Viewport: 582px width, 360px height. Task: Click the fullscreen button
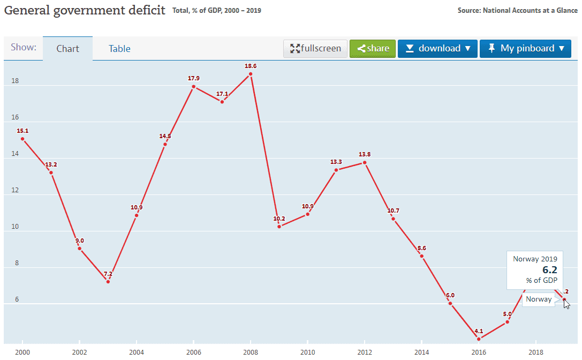[315, 48]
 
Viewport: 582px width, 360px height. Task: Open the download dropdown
[437, 48]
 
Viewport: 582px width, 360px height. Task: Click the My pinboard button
[525, 48]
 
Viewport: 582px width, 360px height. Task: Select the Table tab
[119, 49]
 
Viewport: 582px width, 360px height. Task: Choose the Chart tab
[67, 49]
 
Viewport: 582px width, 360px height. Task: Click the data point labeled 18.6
[251, 74]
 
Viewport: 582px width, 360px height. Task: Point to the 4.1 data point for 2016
[479, 339]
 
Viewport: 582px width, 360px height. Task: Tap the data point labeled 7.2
[108, 282]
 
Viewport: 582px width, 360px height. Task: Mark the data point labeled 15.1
[22, 139]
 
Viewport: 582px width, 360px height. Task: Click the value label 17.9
[194, 78]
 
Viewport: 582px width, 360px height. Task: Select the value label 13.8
[365, 154]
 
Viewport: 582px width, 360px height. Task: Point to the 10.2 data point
[279, 227]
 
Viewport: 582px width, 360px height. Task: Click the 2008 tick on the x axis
[251, 352]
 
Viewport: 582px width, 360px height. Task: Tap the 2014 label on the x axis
[422, 352]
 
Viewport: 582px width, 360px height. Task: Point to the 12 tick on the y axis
[14, 190]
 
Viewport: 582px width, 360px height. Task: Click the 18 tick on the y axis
[14, 81]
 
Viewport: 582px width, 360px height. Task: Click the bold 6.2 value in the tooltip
[550, 270]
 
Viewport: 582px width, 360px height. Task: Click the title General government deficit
[85, 10]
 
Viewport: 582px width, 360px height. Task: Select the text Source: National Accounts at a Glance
[517, 10]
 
